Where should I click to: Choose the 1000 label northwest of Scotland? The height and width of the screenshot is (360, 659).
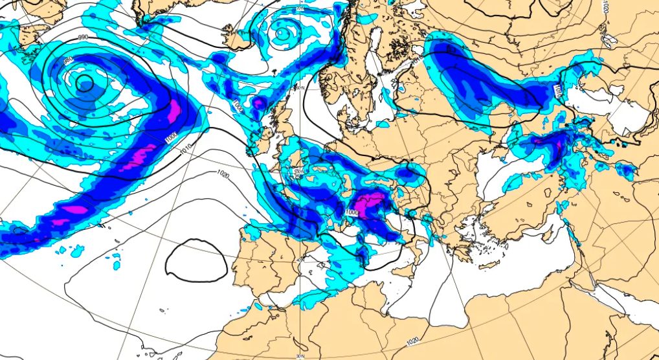point(236,104)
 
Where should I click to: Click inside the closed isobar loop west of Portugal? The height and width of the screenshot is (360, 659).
point(196,259)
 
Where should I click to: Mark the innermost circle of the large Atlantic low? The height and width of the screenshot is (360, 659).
point(84,82)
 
